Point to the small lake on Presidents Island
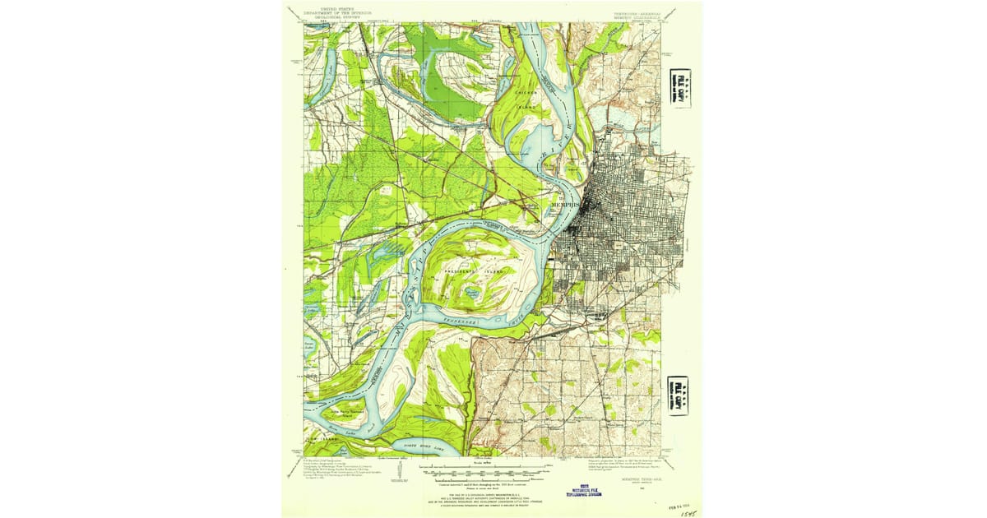(474, 291)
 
